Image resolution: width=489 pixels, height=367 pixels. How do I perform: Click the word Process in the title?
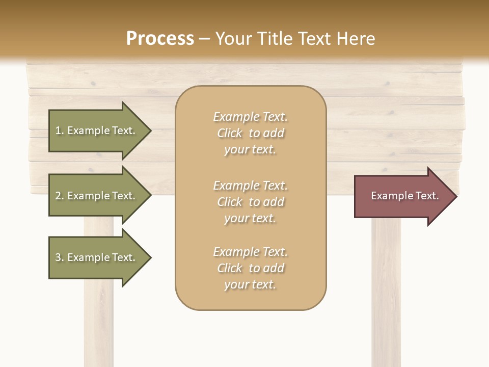160,39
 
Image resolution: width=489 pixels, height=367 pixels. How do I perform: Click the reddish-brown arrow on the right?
402,196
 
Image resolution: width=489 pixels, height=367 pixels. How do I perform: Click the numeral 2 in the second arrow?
58,196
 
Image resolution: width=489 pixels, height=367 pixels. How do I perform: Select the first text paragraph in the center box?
251,133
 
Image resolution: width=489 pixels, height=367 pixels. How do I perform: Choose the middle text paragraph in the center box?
251,202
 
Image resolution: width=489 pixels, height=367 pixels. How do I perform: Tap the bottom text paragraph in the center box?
251,268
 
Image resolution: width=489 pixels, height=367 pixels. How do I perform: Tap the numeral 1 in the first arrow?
58,130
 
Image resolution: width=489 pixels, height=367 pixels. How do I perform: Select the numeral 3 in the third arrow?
58,257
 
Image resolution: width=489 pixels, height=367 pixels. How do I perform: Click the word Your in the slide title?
233,39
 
